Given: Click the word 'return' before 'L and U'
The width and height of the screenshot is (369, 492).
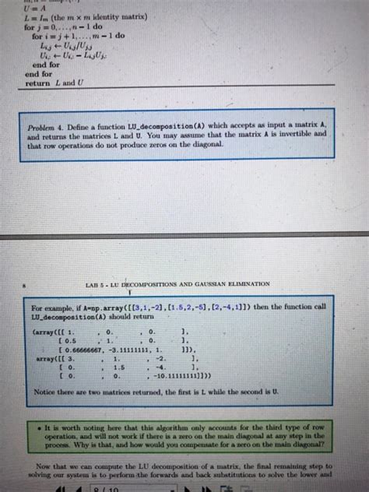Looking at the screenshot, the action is click(38, 83).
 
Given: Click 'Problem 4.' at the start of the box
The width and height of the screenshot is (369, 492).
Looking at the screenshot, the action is click(67, 125).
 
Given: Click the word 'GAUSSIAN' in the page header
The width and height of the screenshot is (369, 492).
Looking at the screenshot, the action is click(215, 284).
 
